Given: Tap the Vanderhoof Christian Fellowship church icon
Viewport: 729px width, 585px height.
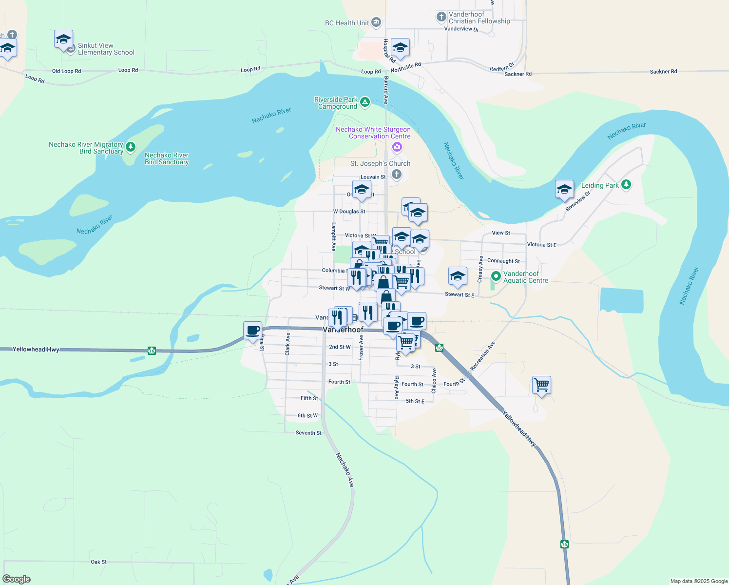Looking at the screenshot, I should pyautogui.click(x=441, y=18).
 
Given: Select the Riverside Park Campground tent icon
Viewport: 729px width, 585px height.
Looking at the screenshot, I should pyautogui.click(x=365, y=102).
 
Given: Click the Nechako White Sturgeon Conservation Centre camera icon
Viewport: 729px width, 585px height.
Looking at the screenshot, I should pyautogui.click(x=397, y=147).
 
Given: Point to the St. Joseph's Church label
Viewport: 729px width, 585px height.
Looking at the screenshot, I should pyautogui.click(x=380, y=163).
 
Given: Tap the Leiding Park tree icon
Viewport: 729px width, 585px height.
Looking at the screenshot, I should pyautogui.click(x=626, y=185).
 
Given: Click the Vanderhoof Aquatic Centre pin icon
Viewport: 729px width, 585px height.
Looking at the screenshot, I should pyautogui.click(x=496, y=276).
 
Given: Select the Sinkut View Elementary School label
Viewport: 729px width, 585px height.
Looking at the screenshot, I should pyautogui.click(x=106, y=49).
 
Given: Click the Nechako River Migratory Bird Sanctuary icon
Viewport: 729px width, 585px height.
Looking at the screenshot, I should pyautogui.click(x=130, y=146).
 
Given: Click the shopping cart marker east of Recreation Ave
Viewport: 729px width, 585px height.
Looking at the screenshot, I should pyautogui.click(x=541, y=385).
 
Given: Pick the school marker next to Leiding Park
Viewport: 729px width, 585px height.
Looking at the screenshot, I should pyautogui.click(x=564, y=189).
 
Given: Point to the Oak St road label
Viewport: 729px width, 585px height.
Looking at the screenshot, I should pyautogui.click(x=98, y=562).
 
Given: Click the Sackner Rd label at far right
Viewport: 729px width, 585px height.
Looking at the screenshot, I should pyautogui.click(x=663, y=72).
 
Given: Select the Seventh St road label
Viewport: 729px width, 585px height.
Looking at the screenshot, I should pyautogui.click(x=308, y=433).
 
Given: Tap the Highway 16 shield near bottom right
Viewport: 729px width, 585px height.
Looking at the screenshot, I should pyautogui.click(x=564, y=544).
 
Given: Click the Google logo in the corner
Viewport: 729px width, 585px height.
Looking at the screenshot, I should pyautogui.click(x=17, y=579).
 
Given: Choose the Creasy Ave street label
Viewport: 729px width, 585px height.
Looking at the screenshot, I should pyautogui.click(x=480, y=270).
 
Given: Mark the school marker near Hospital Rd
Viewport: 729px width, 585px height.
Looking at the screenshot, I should pyautogui.click(x=400, y=48).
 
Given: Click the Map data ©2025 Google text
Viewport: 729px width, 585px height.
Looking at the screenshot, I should pyautogui.click(x=699, y=581).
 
